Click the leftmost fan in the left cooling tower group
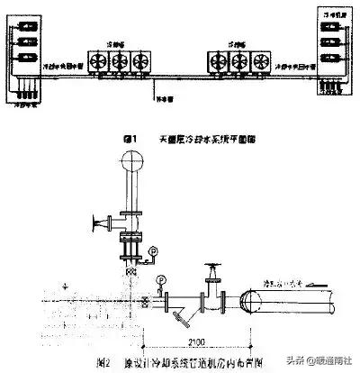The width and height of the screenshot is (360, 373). pos(95,60)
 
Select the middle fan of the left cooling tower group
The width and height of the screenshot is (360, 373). pos(118,60)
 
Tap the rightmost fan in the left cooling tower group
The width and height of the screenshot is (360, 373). pos(139,60)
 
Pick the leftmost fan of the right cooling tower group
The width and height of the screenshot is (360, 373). pos(219,60)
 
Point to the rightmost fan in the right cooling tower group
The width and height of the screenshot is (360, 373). pos(262,60)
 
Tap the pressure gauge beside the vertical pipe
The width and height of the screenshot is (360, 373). pos(153,249)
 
